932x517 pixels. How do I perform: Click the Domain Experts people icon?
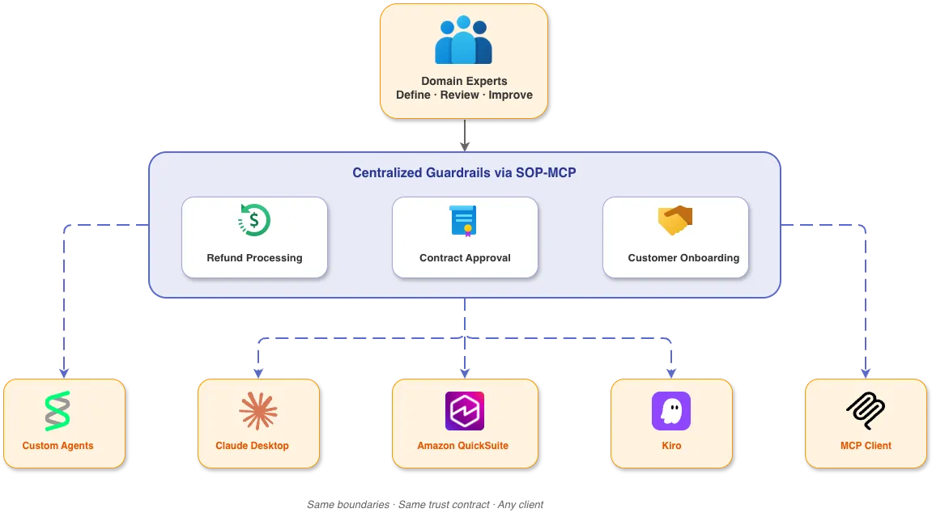(x=463, y=40)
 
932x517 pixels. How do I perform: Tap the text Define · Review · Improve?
(x=464, y=95)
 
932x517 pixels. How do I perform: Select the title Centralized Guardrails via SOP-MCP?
(x=464, y=172)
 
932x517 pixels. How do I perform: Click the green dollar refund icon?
(x=254, y=220)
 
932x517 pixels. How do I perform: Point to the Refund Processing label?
(x=254, y=258)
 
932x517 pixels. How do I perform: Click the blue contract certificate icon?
(x=464, y=220)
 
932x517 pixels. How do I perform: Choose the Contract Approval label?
(x=465, y=258)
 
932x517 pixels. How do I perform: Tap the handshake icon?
(x=675, y=220)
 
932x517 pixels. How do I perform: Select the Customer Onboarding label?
(x=683, y=258)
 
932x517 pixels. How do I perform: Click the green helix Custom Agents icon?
(x=57, y=411)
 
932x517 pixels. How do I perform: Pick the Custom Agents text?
(x=57, y=446)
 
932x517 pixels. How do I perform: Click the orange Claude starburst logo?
(x=258, y=411)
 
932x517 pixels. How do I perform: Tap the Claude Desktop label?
(x=252, y=446)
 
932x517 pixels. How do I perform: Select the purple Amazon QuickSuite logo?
(x=464, y=411)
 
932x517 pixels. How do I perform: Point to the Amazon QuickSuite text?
(x=462, y=446)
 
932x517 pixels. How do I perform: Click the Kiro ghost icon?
(x=670, y=411)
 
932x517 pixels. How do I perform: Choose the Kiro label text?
(x=670, y=446)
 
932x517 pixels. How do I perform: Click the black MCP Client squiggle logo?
(x=865, y=411)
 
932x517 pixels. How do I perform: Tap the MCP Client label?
(x=866, y=446)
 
